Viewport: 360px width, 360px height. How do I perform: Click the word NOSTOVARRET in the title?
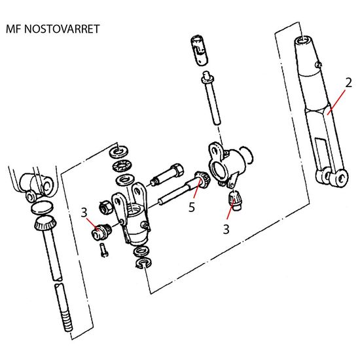point(62,29)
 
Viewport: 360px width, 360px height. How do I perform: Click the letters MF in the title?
point(14,29)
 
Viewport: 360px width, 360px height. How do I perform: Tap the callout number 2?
point(348,83)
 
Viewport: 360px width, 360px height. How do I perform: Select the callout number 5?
point(192,207)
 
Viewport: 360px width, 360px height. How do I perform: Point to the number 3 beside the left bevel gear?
point(84,212)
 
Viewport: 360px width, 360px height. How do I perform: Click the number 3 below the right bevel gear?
point(226,229)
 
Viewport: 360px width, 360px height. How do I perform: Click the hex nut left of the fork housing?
point(105,207)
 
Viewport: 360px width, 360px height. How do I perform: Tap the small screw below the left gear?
point(104,251)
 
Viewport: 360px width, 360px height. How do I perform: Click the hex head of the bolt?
point(177,170)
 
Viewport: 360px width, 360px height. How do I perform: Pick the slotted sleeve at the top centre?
point(199,50)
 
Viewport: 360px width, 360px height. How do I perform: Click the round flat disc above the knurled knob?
point(42,207)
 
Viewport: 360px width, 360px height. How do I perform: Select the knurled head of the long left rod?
point(45,223)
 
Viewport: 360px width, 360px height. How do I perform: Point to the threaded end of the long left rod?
point(67,320)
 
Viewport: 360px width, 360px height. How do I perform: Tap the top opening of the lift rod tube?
point(303,39)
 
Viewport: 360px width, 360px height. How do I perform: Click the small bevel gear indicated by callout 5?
point(202,180)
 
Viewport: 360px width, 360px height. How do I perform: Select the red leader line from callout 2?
point(336,102)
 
